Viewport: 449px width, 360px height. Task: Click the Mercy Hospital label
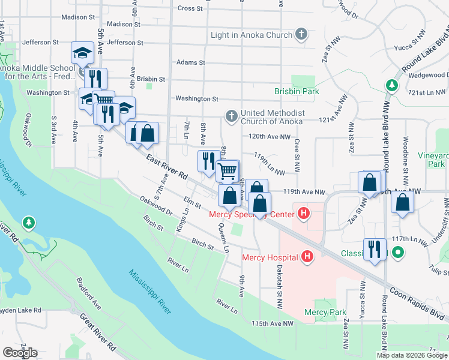270,258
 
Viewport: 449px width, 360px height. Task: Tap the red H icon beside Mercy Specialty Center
304,214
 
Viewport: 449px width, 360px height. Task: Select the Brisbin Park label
297,91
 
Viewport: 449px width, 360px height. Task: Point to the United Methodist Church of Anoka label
273,118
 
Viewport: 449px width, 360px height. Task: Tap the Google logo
20,353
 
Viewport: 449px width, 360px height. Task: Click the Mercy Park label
325,312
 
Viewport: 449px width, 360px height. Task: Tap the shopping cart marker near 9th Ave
228,170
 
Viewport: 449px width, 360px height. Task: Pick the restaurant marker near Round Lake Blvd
375,249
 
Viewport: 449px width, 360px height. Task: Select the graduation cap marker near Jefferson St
82,53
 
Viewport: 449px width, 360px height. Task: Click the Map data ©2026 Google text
412,355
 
